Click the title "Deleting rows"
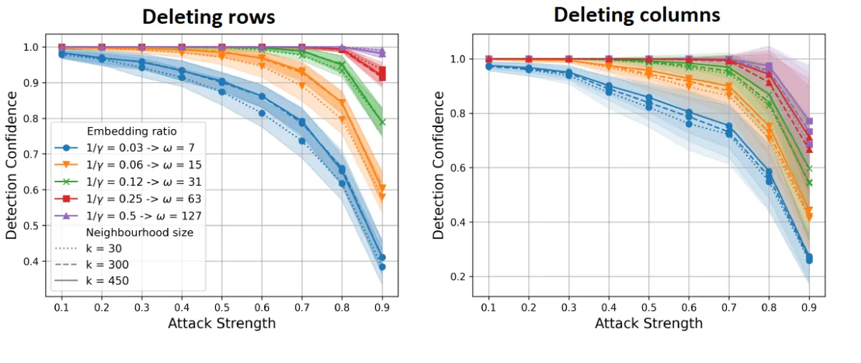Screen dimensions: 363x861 (209, 17)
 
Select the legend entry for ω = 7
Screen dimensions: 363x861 (126, 148)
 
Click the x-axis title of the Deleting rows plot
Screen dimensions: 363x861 (221, 324)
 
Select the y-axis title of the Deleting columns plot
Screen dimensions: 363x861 (438, 166)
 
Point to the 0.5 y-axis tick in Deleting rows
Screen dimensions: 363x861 (32, 226)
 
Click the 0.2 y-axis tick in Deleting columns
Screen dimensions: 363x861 (459, 277)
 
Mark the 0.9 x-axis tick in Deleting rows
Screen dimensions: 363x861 (382, 306)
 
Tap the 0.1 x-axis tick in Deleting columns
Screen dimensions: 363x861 (489, 306)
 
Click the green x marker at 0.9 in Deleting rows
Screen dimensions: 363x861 (382, 122)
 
